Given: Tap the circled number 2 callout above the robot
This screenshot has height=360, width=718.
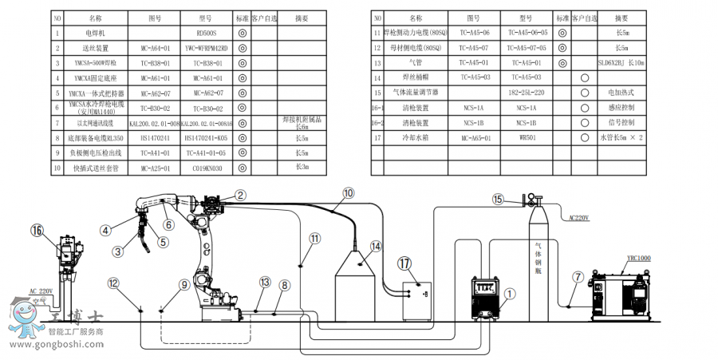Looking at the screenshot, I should click(x=240, y=194).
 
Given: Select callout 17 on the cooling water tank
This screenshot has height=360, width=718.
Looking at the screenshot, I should click(x=405, y=263).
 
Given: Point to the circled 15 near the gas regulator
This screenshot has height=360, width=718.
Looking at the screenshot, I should click(x=499, y=200).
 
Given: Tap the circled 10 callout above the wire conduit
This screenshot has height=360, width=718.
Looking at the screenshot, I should click(x=348, y=193).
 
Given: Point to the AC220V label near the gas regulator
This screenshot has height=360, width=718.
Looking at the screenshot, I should click(x=580, y=216).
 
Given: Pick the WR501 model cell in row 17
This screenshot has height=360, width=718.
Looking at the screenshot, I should click(x=523, y=138).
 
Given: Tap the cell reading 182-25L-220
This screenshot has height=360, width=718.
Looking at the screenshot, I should click(x=523, y=93).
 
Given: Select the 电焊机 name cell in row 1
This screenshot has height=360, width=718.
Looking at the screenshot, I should click(x=95, y=33).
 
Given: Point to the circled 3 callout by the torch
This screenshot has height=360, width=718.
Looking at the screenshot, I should click(x=118, y=251).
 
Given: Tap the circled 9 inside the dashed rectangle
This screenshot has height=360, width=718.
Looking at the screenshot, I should click(x=184, y=284).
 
